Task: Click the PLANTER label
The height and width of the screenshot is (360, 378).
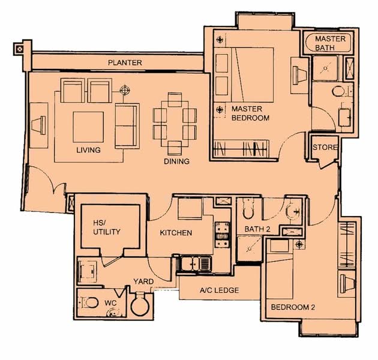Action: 125,62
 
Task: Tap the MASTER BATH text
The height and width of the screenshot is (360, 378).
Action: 329,43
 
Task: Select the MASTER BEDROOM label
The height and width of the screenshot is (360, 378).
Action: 250,114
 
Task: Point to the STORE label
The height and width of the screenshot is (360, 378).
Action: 325,148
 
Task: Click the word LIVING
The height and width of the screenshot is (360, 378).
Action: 88,149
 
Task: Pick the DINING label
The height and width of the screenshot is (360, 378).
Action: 176,161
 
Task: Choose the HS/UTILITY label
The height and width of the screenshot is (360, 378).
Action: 107,227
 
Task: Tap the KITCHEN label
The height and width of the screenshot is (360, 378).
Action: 176,233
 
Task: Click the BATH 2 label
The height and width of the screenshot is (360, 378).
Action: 259,229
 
